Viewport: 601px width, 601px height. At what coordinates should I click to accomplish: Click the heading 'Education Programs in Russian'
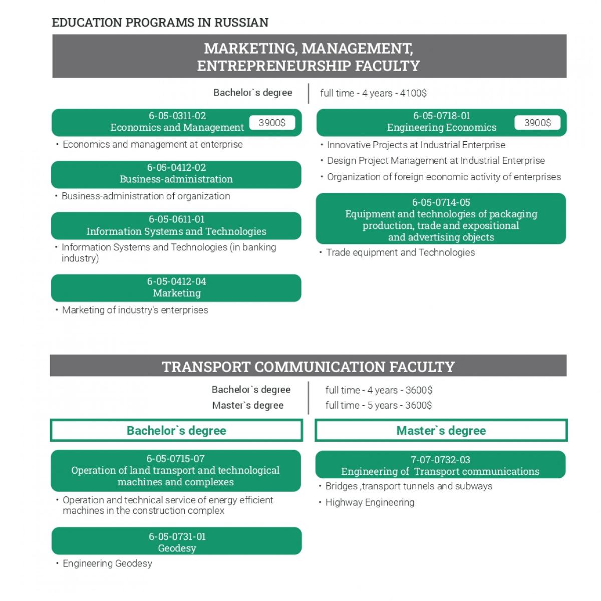click(x=160, y=23)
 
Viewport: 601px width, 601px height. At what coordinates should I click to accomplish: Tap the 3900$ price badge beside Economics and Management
click(x=272, y=123)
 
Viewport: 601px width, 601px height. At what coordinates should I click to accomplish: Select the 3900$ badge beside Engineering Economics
click(x=537, y=123)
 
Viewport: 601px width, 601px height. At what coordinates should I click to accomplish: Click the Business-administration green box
click(x=176, y=174)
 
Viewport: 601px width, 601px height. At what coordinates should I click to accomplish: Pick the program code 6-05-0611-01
click(x=176, y=219)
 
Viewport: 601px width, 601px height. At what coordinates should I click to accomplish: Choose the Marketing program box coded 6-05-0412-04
click(x=176, y=287)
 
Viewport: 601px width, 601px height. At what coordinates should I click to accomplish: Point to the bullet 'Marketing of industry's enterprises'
click(x=135, y=310)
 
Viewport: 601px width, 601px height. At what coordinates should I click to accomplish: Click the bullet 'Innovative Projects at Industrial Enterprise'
click(x=416, y=145)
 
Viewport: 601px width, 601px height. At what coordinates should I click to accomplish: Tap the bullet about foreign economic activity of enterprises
click(x=444, y=177)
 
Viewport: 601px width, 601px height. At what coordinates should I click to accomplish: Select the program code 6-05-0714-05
click(x=441, y=202)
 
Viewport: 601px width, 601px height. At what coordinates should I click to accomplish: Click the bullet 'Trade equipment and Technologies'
click(x=400, y=252)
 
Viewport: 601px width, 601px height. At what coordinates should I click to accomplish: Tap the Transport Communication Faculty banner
click(x=308, y=366)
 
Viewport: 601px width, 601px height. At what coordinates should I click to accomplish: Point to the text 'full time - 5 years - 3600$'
click(x=378, y=405)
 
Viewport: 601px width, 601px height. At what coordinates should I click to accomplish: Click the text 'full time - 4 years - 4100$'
click(x=373, y=93)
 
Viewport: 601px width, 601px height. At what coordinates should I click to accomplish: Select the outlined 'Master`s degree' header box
click(x=441, y=431)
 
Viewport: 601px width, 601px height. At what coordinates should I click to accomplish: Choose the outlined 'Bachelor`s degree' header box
click(x=176, y=431)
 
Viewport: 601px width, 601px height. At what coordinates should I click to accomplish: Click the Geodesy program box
click(x=176, y=541)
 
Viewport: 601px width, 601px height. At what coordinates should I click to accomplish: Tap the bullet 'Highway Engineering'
click(x=370, y=502)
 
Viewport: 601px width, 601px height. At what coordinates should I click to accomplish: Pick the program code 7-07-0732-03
click(x=440, y=460)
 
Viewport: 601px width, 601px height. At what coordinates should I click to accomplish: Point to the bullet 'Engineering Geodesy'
click(x=107, y=563)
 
